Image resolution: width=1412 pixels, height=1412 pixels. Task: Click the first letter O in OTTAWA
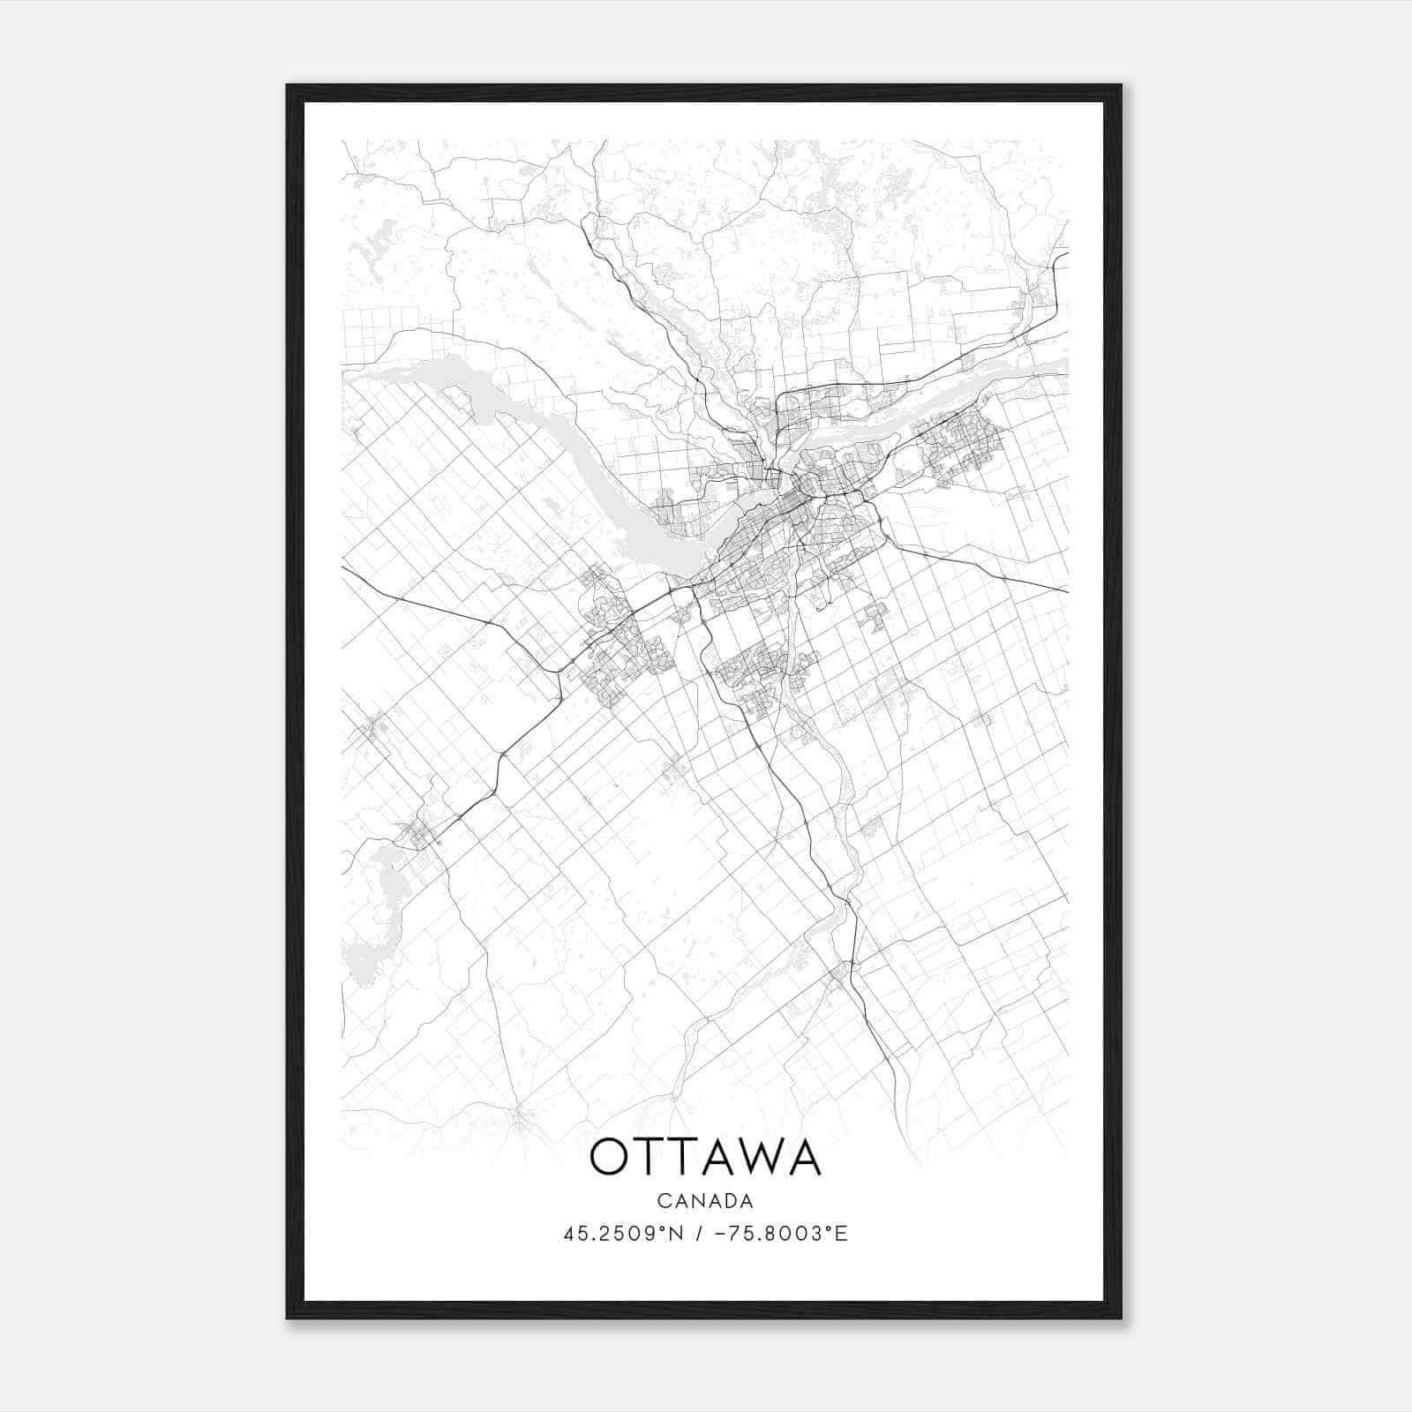[609, 1157]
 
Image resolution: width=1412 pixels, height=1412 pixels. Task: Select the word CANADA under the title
[705, 1201]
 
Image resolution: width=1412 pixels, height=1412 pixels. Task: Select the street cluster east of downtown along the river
[958, 446]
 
